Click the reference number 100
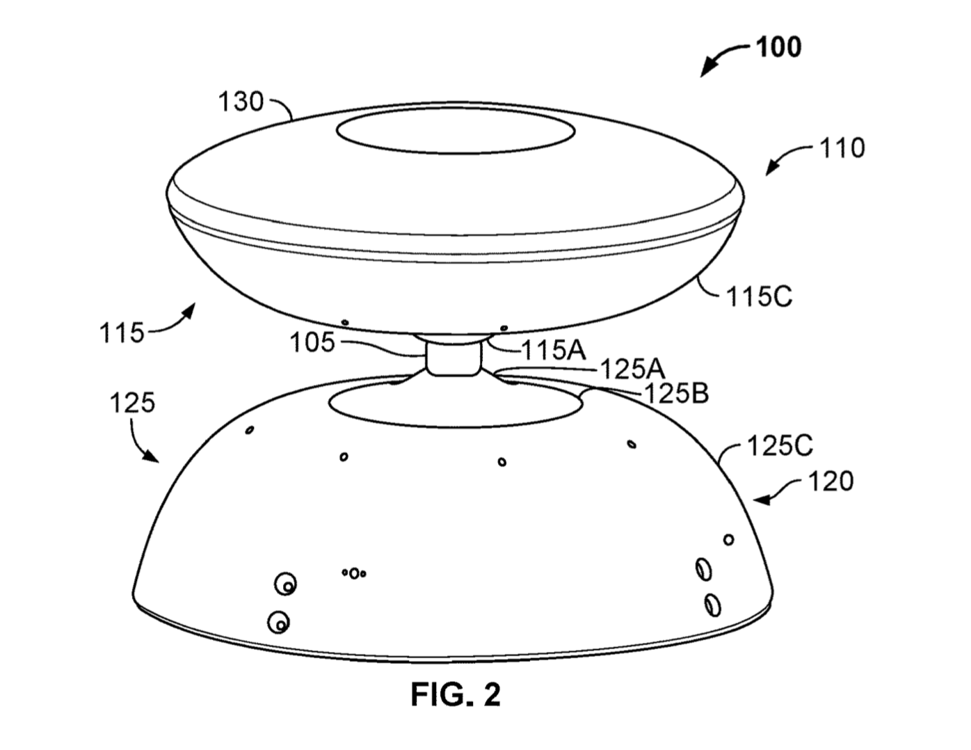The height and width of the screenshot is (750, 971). click(778, 47)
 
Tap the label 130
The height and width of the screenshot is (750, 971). click(241, 102)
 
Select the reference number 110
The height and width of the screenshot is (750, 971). click(842, 148)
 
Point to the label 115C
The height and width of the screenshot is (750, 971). click(759, 296)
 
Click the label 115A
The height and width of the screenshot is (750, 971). click(554, 350)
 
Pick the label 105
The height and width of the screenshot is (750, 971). click(312, 343)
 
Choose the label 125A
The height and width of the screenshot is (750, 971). click(632, 369)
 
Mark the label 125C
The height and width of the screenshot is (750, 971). click(780, 446)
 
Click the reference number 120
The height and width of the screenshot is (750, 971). click(831, 482)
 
